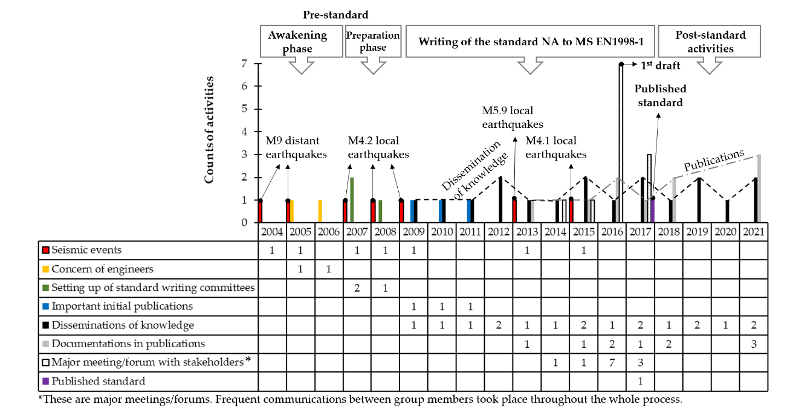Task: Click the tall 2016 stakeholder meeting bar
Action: coord(621,143)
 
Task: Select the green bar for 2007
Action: coord(352,200)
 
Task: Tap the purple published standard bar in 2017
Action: coord(653,211)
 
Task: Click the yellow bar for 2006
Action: coord(320,211)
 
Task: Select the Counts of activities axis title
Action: coord(209,130)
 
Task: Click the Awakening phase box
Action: coord(298,42)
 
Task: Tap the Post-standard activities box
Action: coord(710,42)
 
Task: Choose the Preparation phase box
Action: coord(373,41)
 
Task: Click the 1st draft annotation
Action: coord(660,65)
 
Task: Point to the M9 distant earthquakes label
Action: coord(296,147)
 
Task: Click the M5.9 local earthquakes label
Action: coord(512,118)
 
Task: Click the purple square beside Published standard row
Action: coord(45,381)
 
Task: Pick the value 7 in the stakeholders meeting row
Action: coord(612,362)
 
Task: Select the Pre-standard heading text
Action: coord(336,14)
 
